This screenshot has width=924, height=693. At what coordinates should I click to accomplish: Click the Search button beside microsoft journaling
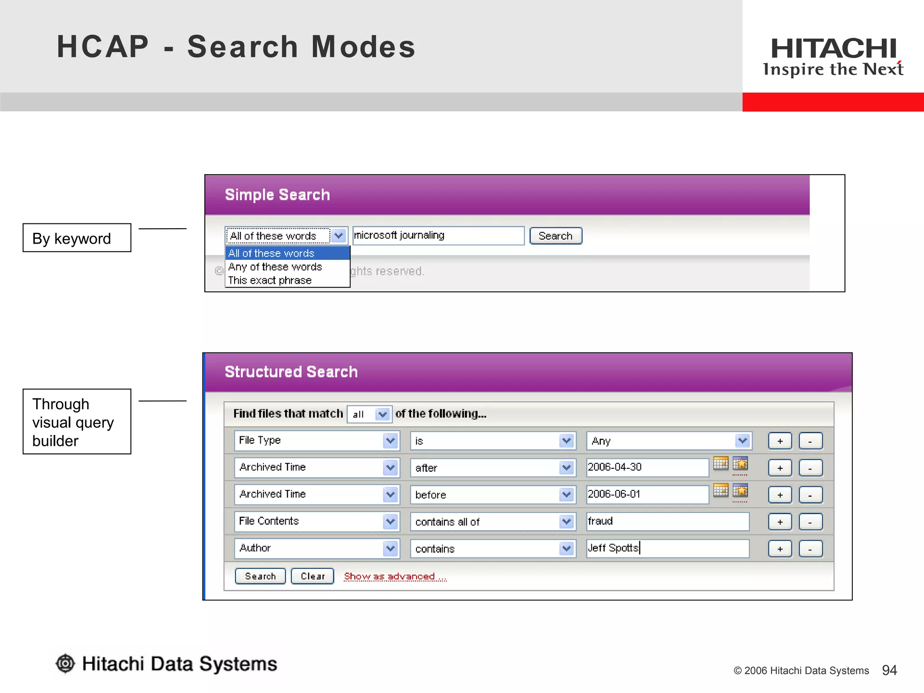(x=555, y=236)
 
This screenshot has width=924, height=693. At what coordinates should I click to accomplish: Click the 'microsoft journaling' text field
(x=438, y=236)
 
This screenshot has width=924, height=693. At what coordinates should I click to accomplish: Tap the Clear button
(x=312, y=576)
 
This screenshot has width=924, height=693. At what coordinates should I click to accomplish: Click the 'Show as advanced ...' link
(x=395, y=576)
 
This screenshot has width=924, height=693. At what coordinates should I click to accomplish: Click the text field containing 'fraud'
(x=667, y=522)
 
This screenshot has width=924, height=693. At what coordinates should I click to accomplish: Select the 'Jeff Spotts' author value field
(x=667, y=548)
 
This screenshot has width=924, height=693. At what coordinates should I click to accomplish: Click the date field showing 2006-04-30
(x=647, y=467)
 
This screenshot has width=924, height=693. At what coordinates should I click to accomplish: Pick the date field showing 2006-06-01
(x=647, y=494)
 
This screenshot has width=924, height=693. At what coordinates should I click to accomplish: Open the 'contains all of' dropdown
(x=493, y=522)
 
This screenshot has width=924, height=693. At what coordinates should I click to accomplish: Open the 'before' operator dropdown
(x=493, y=495)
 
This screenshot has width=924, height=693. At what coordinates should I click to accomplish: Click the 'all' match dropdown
(x=369, y=414)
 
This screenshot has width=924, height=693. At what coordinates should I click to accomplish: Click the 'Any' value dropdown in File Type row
(x=669, y=441)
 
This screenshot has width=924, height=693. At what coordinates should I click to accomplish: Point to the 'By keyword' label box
(x=77, y=238)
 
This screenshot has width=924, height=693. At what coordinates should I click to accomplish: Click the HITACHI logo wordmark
(x=833, y=49)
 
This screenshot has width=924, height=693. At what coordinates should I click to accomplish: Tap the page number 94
(x=889, y=670)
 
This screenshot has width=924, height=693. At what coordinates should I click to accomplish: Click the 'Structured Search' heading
(x=291, y=372)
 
